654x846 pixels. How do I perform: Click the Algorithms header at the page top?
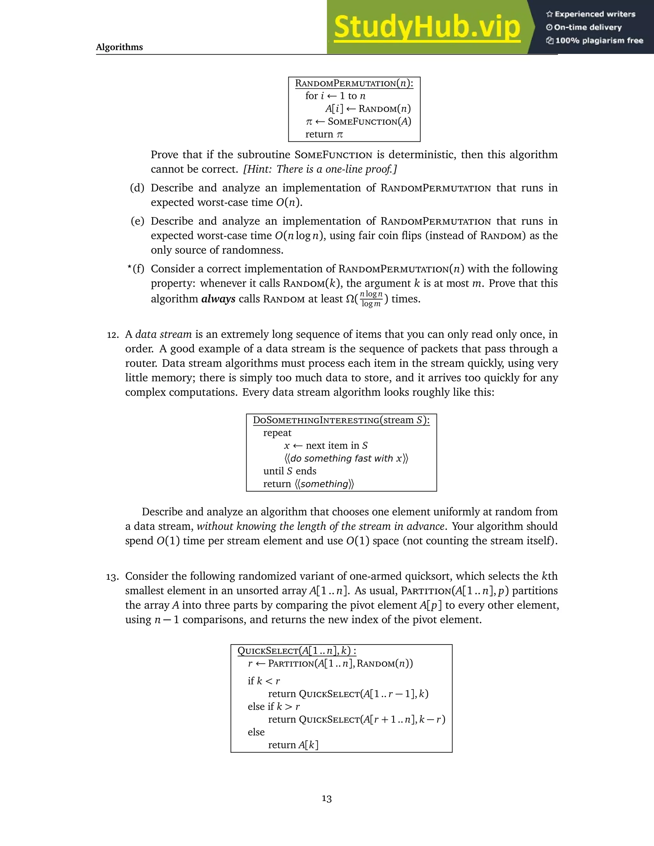coord(119,47)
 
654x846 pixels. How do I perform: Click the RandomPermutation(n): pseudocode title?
coord(354,83)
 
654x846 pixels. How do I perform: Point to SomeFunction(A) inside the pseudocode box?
coord(369,122)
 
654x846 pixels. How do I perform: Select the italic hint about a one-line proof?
coord(320,169)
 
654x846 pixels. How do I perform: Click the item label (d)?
coord(137,188)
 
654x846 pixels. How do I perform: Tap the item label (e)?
coord(137,221)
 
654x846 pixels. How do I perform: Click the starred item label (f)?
coord(136,269)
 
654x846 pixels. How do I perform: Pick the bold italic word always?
coord(218,299)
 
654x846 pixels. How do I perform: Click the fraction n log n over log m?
coord(371,299)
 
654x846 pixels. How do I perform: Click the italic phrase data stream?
coord(163,334)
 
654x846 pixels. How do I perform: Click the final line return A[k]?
coord(293,745)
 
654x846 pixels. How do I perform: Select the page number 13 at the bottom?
coord(327,799)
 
